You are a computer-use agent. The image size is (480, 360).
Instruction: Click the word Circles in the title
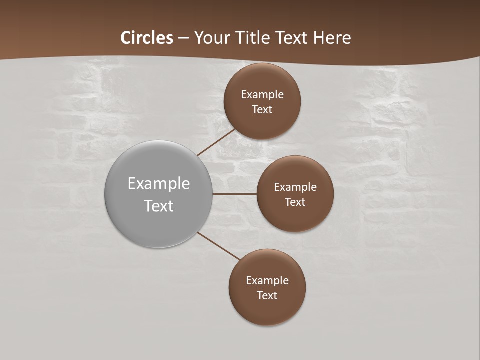tap(147, 38)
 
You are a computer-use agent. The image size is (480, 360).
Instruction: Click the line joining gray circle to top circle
tap(217, 142)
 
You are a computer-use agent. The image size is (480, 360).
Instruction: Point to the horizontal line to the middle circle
tap(235, 194)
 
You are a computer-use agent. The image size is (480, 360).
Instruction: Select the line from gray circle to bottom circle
tap(218, 246)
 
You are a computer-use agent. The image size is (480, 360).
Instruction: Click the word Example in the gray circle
tap(159, 184)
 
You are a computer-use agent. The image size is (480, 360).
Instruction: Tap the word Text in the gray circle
tap(159, 206)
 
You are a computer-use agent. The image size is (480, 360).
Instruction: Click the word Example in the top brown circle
tap(262, 95)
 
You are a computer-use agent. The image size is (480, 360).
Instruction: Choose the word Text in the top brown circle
tap(262, 109)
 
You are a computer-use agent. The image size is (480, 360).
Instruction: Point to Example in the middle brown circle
tap(295, 187)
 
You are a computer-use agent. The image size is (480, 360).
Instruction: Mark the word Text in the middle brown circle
tap(295, 202)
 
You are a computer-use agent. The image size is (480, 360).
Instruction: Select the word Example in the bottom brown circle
tap(267, 281)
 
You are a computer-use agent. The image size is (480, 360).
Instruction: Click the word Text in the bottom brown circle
tap(267, 295)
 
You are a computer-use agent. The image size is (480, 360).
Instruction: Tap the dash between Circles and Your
tap(183, 38)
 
